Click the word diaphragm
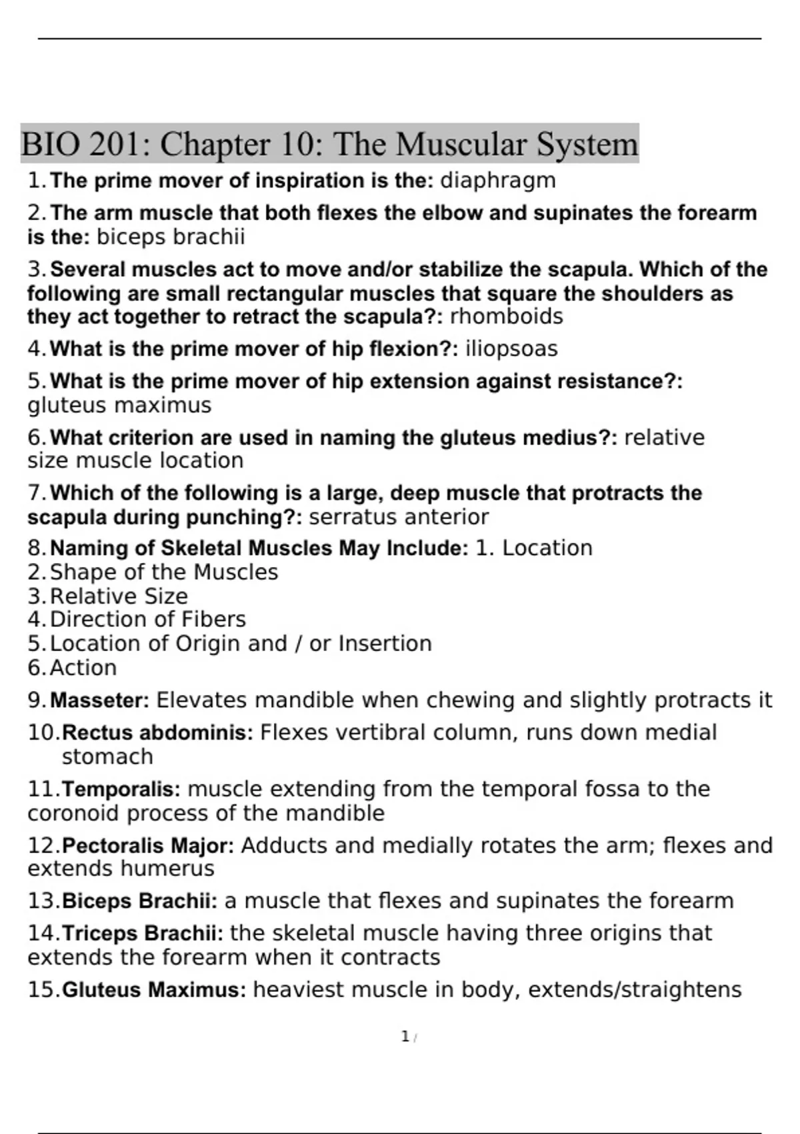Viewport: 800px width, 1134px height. [x=498, y=181]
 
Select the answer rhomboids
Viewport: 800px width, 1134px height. [x=507, y=316]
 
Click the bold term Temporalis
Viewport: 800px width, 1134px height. [x=121, y=789]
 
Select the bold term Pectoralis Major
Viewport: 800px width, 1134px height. [x=147, y=846]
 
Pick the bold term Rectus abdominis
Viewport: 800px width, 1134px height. [x=157, y=733]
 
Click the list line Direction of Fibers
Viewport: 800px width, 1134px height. [x=147, y=620]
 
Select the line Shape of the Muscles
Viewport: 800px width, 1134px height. [x=163, y=572]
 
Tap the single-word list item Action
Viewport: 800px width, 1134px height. [x=83, y=668]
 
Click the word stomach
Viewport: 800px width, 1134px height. [x=107, y=757]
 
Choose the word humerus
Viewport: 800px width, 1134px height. [x=167, y=869]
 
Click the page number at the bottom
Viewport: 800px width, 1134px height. [x=405, y=1037]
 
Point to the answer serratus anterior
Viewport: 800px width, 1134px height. [x=399, y=517]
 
